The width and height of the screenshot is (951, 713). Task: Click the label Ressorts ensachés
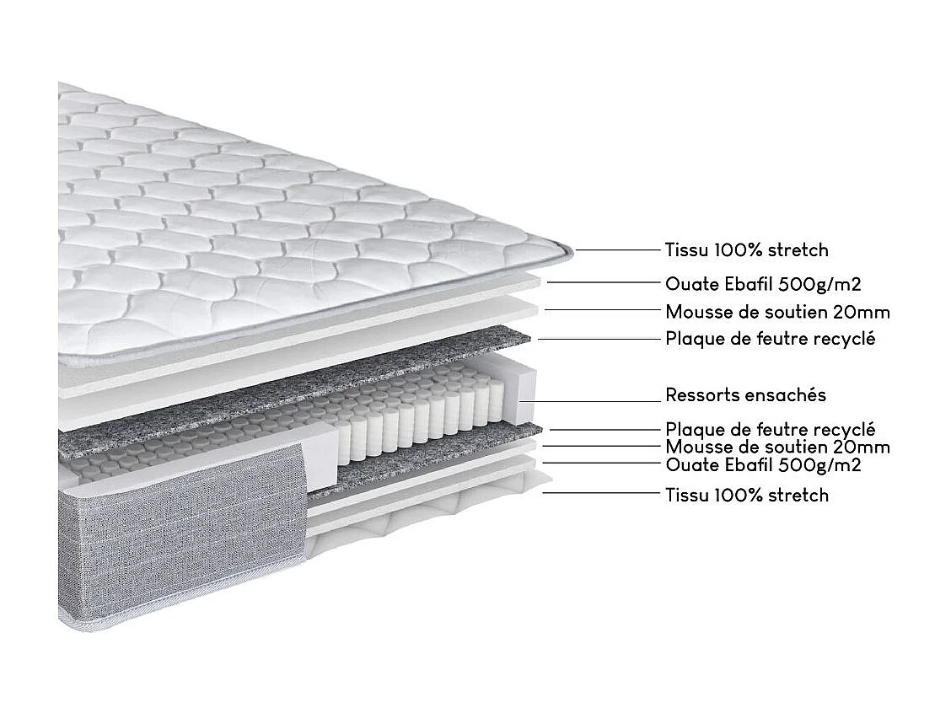(x=745, y=395)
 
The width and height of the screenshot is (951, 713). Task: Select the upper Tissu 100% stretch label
(x=746, y=249)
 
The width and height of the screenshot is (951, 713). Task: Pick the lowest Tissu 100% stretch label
(x=746, y=495)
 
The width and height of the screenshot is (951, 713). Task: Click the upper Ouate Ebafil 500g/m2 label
(x=762, y=284)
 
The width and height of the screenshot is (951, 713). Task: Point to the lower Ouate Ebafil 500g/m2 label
(x=762, y=464)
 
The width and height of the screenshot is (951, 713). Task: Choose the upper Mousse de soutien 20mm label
(x=777, y=312)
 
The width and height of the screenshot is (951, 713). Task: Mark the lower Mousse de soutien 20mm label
(x=777, y=447)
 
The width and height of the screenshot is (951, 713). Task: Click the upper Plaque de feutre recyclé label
(x=770, y=339)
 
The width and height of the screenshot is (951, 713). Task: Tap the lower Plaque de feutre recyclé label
(x=770, y=430)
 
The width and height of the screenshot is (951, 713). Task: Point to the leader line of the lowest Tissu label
(x=600, y=492)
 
